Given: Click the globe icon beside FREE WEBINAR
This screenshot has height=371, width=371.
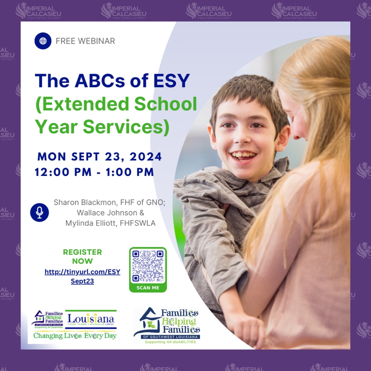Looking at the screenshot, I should pyautogui.click(x=43, y=41).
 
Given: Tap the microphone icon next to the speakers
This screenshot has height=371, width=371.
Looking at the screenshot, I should pyautogui.click(x=39, y=212).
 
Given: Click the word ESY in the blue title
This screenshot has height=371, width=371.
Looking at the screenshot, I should pyautogui.click(x=171, y=81).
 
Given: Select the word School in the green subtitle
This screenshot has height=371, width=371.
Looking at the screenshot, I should pyautogui.click(x=165, y=104).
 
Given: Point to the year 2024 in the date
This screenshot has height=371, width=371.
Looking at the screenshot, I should pyautogui.click(x=146, y=156).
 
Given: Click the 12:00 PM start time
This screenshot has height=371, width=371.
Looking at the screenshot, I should pyautogui.click(x=63, y=172).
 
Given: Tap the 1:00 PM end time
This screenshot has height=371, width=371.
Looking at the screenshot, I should pyautogui.click(x=129, y=172).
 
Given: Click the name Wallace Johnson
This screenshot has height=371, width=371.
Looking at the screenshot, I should pyautogui.click(x=107, y=213).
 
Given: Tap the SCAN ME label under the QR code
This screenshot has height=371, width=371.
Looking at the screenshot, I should pyautogui.click(x=148, y=288).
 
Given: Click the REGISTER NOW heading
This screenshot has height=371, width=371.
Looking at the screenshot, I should pyautogui.click(x=82, y=257).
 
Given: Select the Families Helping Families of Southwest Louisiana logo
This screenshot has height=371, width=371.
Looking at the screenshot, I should pyautogui.click(x=167, y=325).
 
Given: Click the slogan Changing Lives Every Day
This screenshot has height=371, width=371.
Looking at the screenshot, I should pyautogui.click(x=75, y=336).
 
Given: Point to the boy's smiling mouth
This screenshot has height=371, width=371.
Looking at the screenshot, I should pyautogui.click(x=243, y=155).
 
